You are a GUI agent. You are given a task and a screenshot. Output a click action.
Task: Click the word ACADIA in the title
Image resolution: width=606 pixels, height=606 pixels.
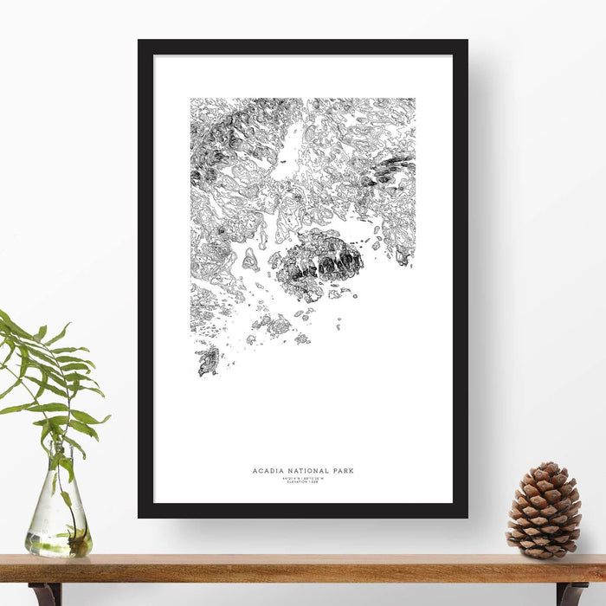(x=266, y=471)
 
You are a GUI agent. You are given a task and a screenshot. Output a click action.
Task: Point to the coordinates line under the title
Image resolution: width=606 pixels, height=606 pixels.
(x=303, y=478)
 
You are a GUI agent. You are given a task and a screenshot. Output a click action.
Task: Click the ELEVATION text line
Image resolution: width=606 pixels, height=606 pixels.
(x=303, y=482)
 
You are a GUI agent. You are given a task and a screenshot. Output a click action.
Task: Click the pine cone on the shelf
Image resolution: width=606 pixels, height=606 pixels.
(x=544, y=511)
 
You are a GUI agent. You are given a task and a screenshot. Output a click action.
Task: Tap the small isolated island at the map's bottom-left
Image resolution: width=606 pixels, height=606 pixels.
(x=208, y=360)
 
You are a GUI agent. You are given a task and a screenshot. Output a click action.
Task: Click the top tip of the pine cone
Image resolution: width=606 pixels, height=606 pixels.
(x=546, y=465)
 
